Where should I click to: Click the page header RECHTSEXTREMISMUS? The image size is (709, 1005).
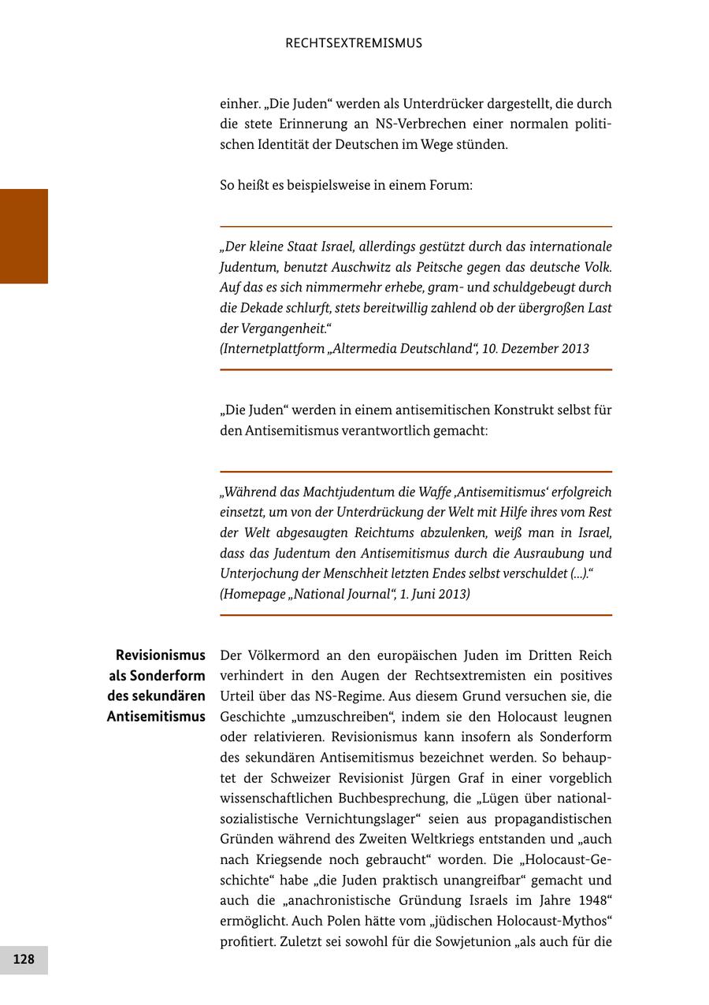coord(354,43)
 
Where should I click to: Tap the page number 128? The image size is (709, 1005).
coord(24,959)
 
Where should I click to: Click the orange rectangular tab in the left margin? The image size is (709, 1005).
coord(24,236)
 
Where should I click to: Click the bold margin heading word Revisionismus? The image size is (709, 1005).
coord(160,655)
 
